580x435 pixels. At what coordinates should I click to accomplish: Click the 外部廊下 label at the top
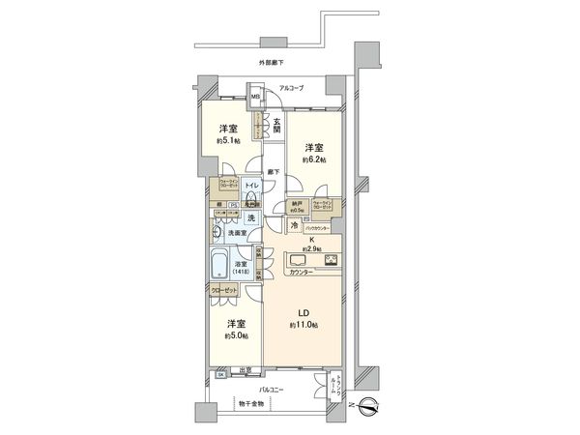pos(272,64)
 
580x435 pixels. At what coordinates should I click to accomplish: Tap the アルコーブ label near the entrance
pos(291,88)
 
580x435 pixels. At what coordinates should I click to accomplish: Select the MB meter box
pos(255,97)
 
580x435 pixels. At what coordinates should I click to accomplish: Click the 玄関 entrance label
pos(276,124)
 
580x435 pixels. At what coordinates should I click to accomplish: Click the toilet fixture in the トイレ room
pos(250,196)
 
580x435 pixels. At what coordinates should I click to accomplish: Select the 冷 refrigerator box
pos(294,224)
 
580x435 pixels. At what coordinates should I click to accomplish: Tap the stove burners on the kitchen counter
pos(331,260)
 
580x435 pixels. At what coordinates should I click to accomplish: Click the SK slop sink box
pos(221,372)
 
